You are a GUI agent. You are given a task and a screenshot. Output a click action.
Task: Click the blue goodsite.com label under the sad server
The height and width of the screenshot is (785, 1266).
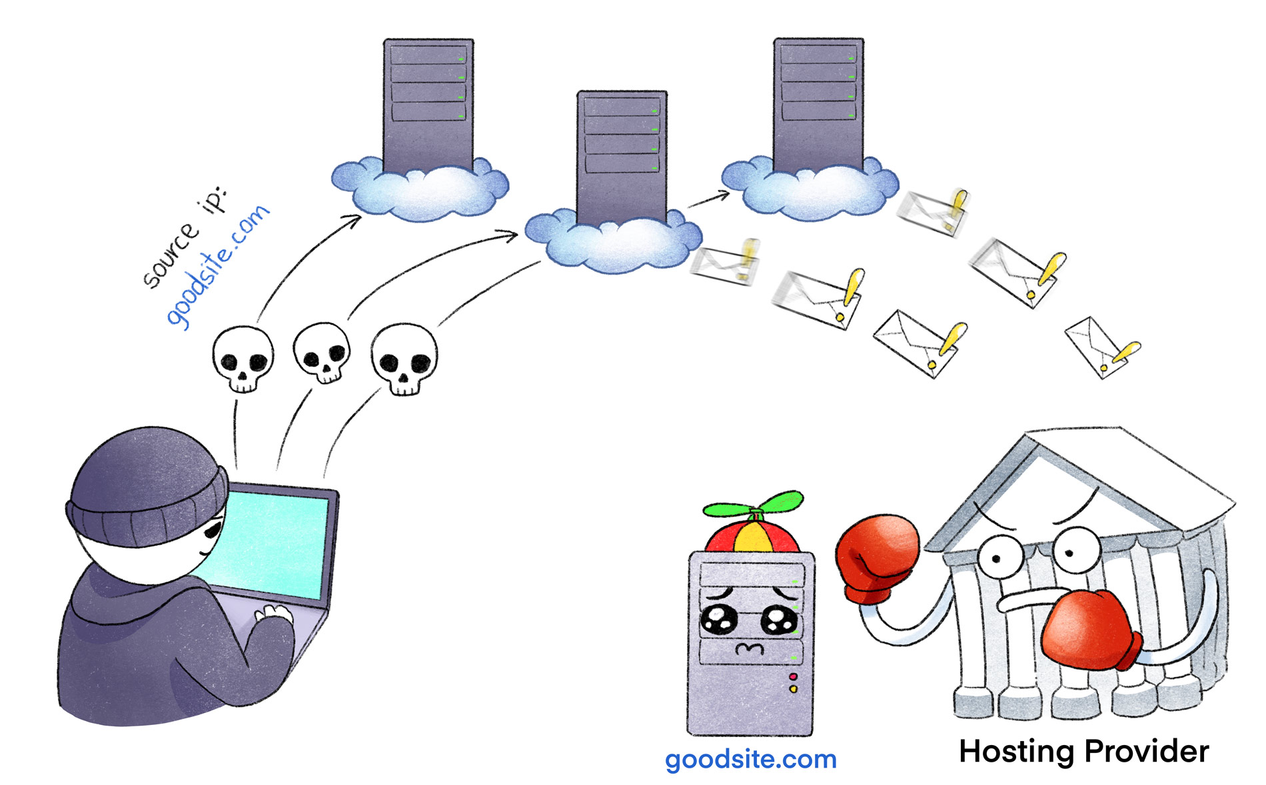coord(750,760)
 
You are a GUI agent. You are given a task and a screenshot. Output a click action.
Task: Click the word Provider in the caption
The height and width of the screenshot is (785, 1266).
coord(1146,752)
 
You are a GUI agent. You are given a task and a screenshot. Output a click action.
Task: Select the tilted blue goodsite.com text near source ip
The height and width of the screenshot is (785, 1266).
coord(217,266)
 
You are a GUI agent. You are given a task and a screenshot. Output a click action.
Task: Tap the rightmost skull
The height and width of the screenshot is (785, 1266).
coord(404,359)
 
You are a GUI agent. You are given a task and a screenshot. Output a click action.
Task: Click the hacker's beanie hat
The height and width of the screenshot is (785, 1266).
coord(147,486)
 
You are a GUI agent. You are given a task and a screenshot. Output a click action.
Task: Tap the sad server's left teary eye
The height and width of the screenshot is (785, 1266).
coord(719,619)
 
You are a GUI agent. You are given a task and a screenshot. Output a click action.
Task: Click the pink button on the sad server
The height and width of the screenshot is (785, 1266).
coord(793,677)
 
